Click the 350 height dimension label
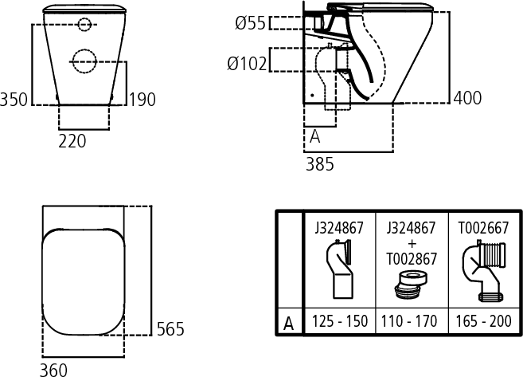click(14, 100)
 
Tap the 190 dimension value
click(142, 100)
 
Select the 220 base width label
click(72, 141)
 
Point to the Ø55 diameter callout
click(250, 23)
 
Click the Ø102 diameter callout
click(247, 64)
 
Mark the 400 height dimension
click(467, 98)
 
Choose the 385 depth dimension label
click(320, 164)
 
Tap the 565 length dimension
click(170, 329)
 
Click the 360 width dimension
click(53, 370)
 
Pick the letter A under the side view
click(315, 136)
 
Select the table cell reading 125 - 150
click(340, 321)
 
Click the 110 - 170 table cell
click(409, 321)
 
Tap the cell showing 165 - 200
click(484, 321)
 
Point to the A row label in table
click(289, 324)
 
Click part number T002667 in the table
click(483, 228)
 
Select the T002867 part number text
click(412, 259)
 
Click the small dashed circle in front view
click(84, 25)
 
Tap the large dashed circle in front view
click(84, 61)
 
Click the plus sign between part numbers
click(412, 243)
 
